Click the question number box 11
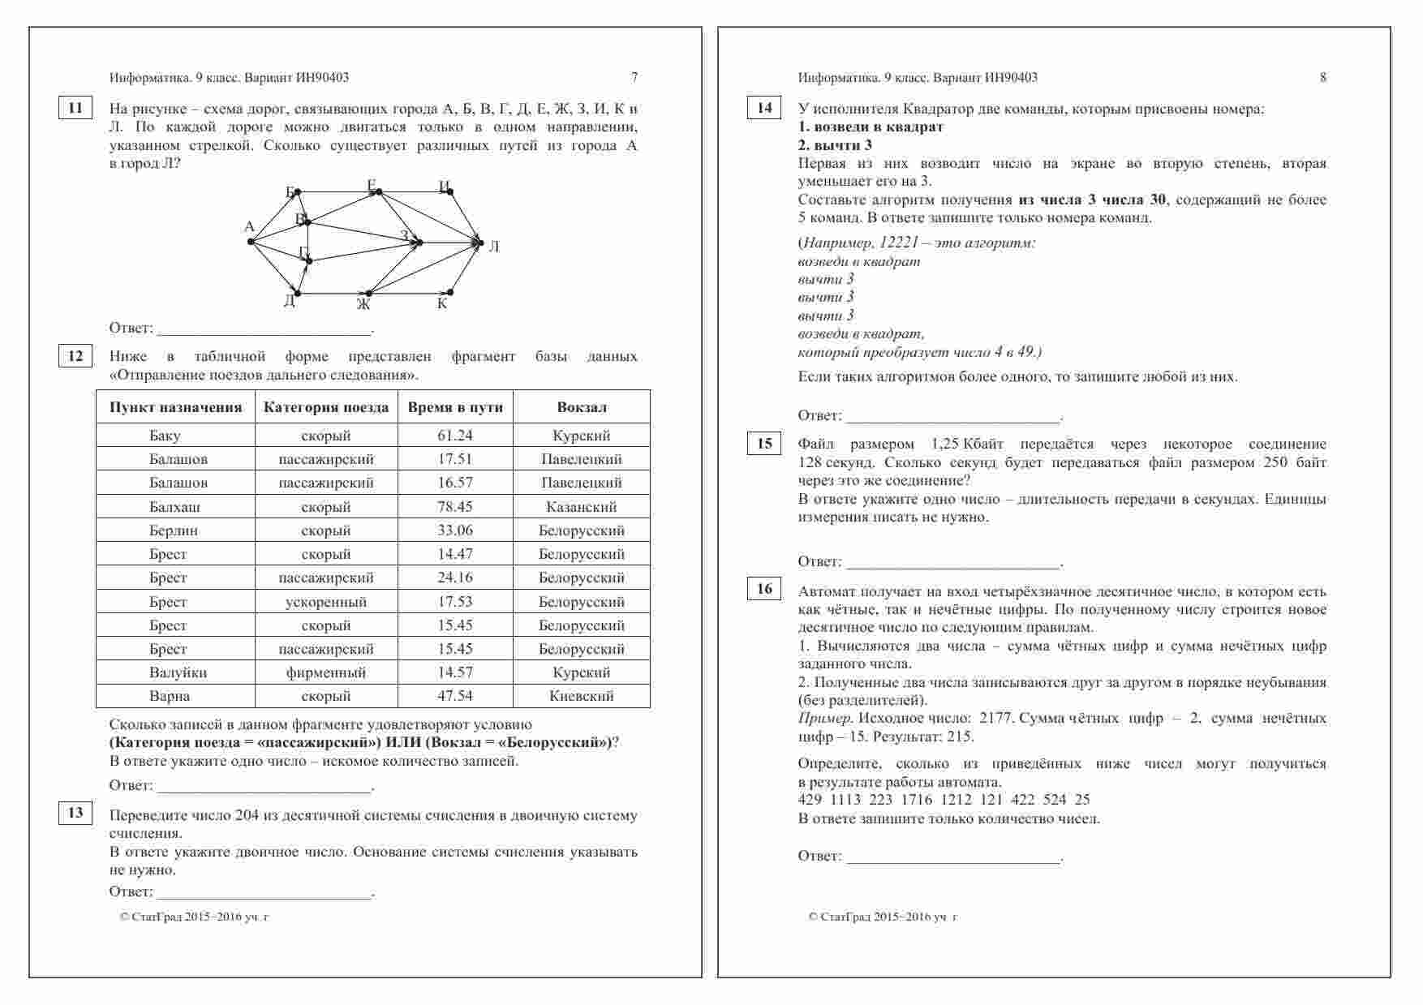(75, 108)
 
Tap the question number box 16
(764, 589)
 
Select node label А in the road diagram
(249, 227)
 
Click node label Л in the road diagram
(494, 246)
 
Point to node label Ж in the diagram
(363, 305)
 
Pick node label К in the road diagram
(442, 304)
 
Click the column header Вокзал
(582, 407)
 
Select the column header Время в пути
(455, 407)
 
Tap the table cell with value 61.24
(455, 436)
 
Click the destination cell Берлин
(174, 530)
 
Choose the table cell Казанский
(582, 507)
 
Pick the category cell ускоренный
(326, 602)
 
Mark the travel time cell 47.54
(455, 696)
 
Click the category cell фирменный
(326, 672)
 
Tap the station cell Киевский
(582, 696)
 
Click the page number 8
(1323, 78)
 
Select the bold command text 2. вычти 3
(835, 145)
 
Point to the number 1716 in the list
(916, 800)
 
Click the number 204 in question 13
(247, 816)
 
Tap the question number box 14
(764, 108)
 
